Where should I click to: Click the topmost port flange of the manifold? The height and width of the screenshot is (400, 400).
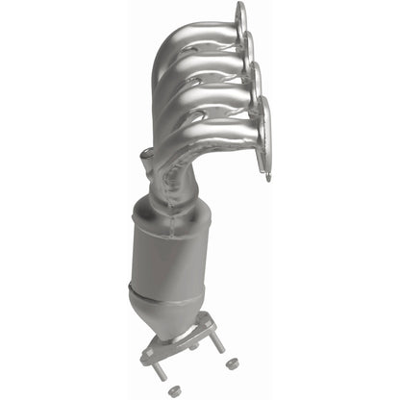point(237,21)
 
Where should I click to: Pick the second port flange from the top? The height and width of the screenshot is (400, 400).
point(248,48)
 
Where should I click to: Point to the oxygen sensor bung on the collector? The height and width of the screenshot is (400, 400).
point(145,157)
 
